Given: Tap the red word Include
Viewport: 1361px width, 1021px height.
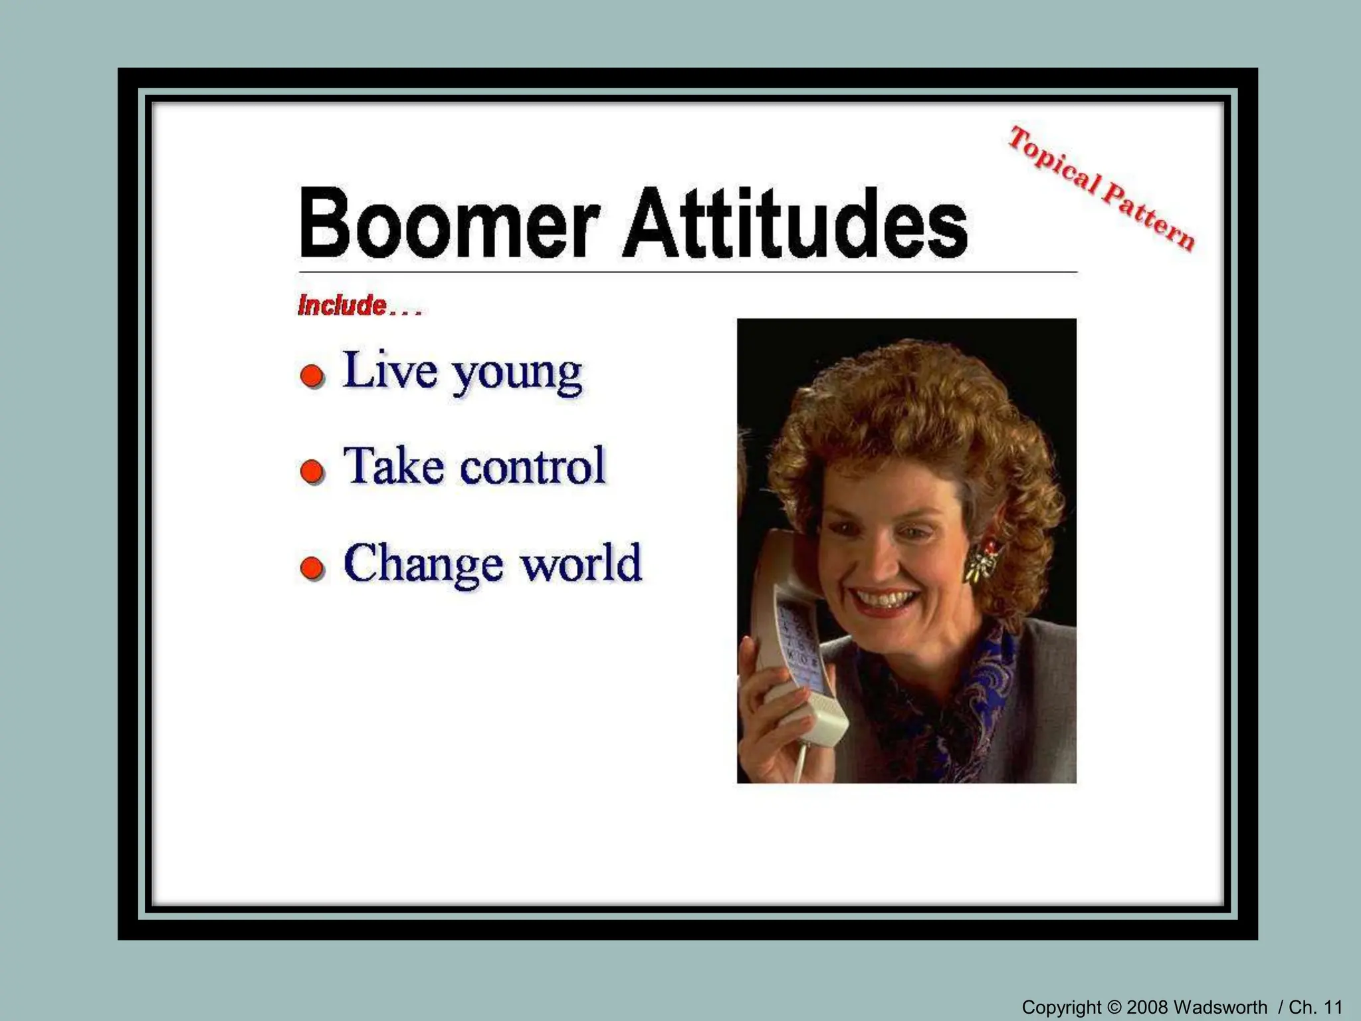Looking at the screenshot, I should click(x=342, y=306).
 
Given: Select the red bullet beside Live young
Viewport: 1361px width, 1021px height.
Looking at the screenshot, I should click(x=312, y=376).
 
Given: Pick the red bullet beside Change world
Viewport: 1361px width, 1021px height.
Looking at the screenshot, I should click(x=312, y=568).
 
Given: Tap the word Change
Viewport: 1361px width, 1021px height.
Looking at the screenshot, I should click(x=423, y=564).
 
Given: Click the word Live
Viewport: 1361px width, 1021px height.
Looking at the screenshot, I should click(x=390, y=370).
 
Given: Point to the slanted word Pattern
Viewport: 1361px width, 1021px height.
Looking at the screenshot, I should click(x=1149, y=217).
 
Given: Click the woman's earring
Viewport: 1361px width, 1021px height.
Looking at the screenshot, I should click(x=982, y=560).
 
